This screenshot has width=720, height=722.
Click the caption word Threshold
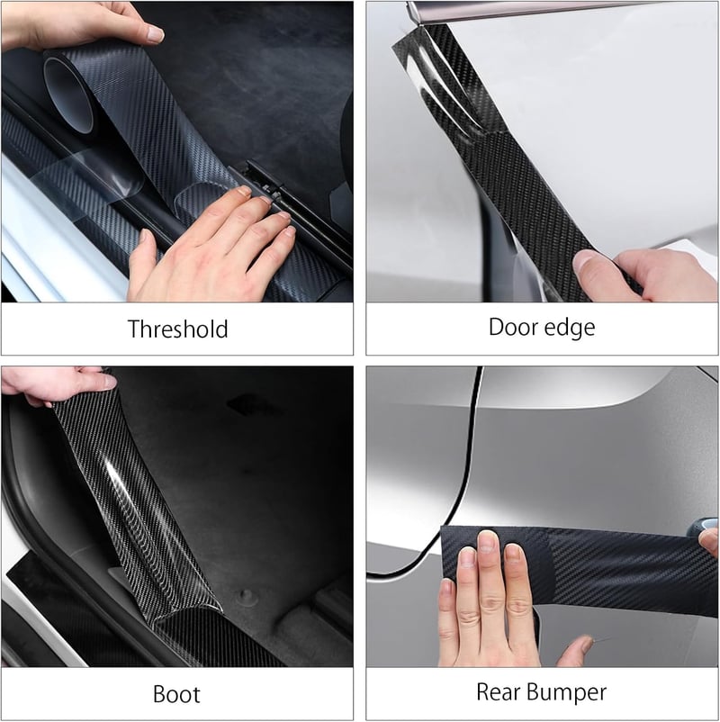pos(177,329)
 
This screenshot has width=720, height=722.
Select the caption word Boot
pos(176,694)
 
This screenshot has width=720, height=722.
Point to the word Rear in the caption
pos(499,691)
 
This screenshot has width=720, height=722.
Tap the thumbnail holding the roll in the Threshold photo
pos(155,33)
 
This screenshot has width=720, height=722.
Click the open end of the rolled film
pos(69,95)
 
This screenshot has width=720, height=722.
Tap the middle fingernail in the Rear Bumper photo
pos(487,541)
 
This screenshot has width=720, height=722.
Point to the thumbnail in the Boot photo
pos(108,382)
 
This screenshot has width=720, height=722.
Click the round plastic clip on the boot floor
pos(247,595)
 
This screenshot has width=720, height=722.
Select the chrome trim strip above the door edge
pos(529,10)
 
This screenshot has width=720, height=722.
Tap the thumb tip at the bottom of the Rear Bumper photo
pos(585,643)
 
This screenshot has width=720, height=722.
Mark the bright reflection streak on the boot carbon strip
pos(121,488)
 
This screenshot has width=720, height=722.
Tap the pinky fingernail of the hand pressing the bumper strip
pos(445,587)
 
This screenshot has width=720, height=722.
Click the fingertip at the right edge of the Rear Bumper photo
pos(709,541)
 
